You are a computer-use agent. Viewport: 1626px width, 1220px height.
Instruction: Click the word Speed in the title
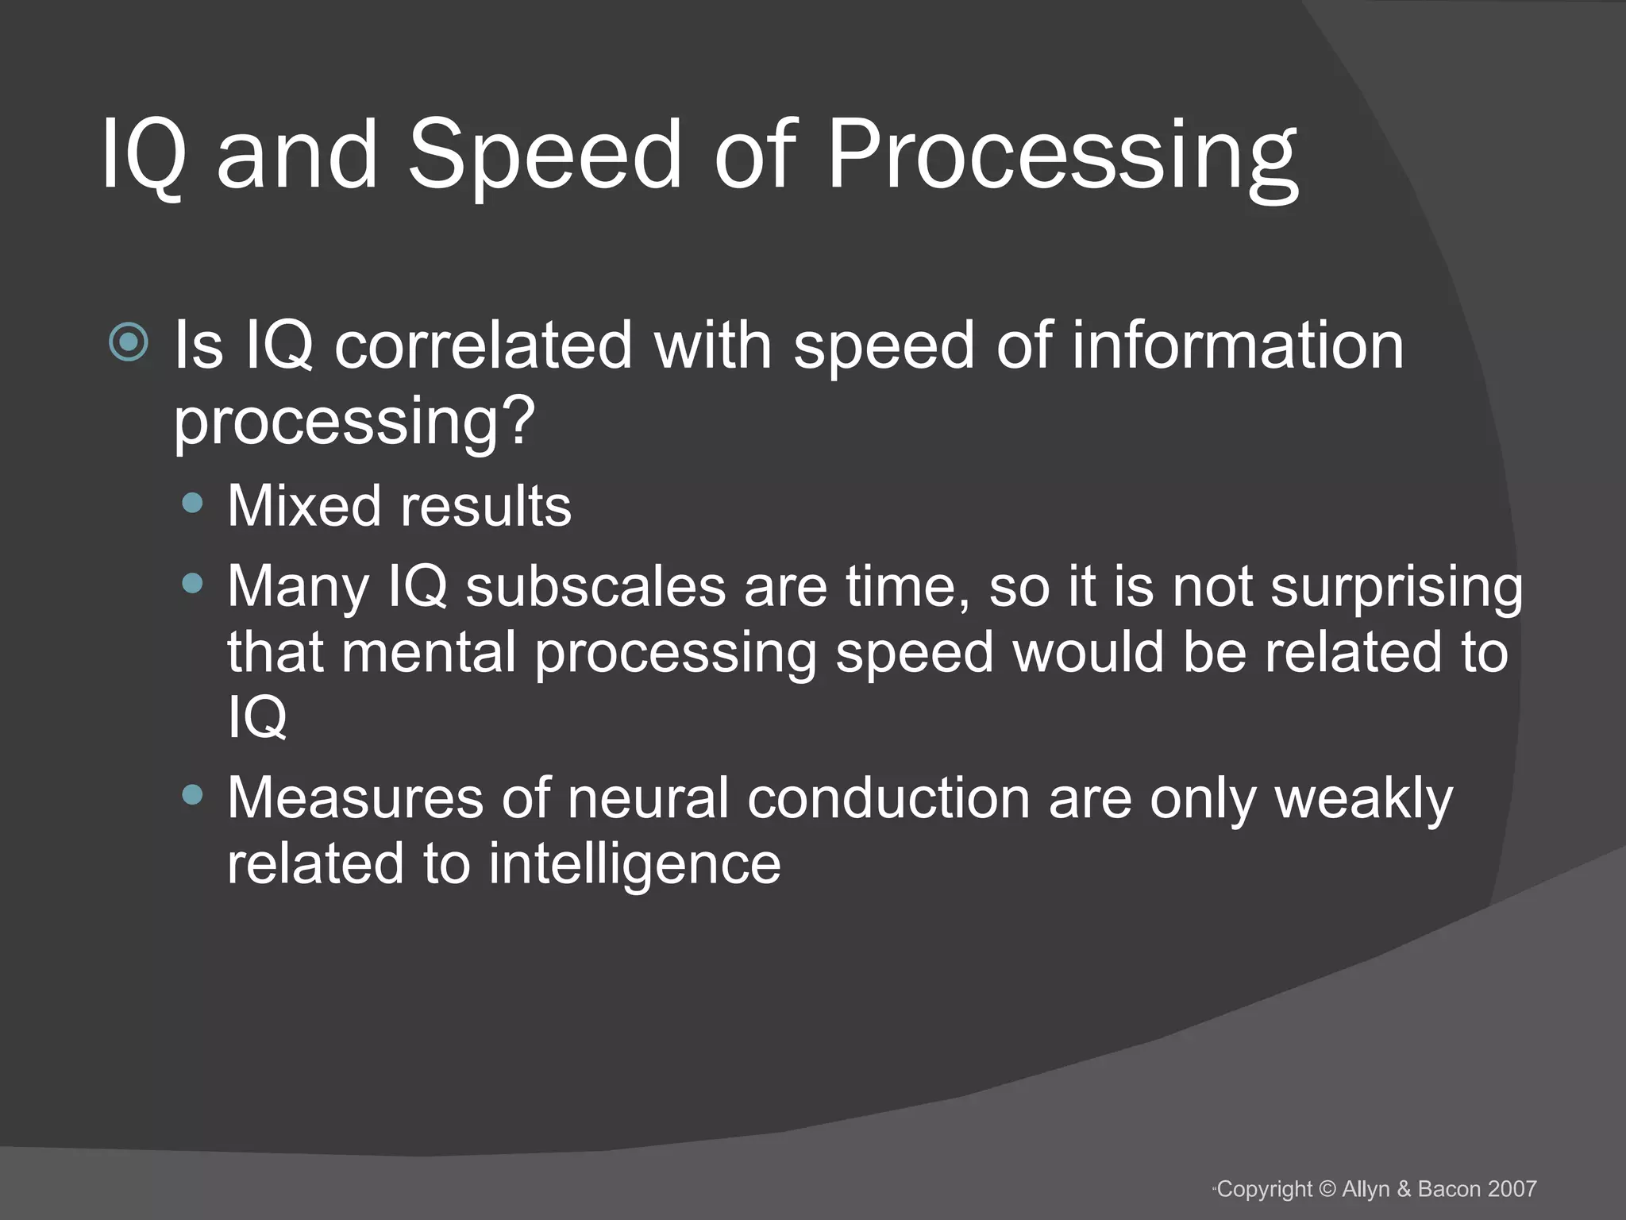point(544,155)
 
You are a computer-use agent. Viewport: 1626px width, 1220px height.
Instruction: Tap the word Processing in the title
point(1062,155)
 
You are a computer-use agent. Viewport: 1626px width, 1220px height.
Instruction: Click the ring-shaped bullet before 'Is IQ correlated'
point(129,343)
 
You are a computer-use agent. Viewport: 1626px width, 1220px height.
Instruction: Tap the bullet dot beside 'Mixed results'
point(192,503)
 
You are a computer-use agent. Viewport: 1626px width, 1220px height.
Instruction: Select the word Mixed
point(305,506)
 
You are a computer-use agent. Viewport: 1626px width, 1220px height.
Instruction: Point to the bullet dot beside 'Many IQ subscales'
point(192,584)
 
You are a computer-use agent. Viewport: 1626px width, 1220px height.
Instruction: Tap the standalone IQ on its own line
point(256,717)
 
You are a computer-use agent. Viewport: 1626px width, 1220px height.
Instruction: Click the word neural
point(648,798)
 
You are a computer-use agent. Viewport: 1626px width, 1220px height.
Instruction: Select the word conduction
point(888,798)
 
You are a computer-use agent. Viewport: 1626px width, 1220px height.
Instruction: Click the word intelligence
point(634,864)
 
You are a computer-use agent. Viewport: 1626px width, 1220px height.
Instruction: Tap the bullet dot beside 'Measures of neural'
point(192,795)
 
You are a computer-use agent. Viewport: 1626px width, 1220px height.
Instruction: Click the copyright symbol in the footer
point(1327,1189)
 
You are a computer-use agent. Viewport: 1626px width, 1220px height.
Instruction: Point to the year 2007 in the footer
point(1512,1189)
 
